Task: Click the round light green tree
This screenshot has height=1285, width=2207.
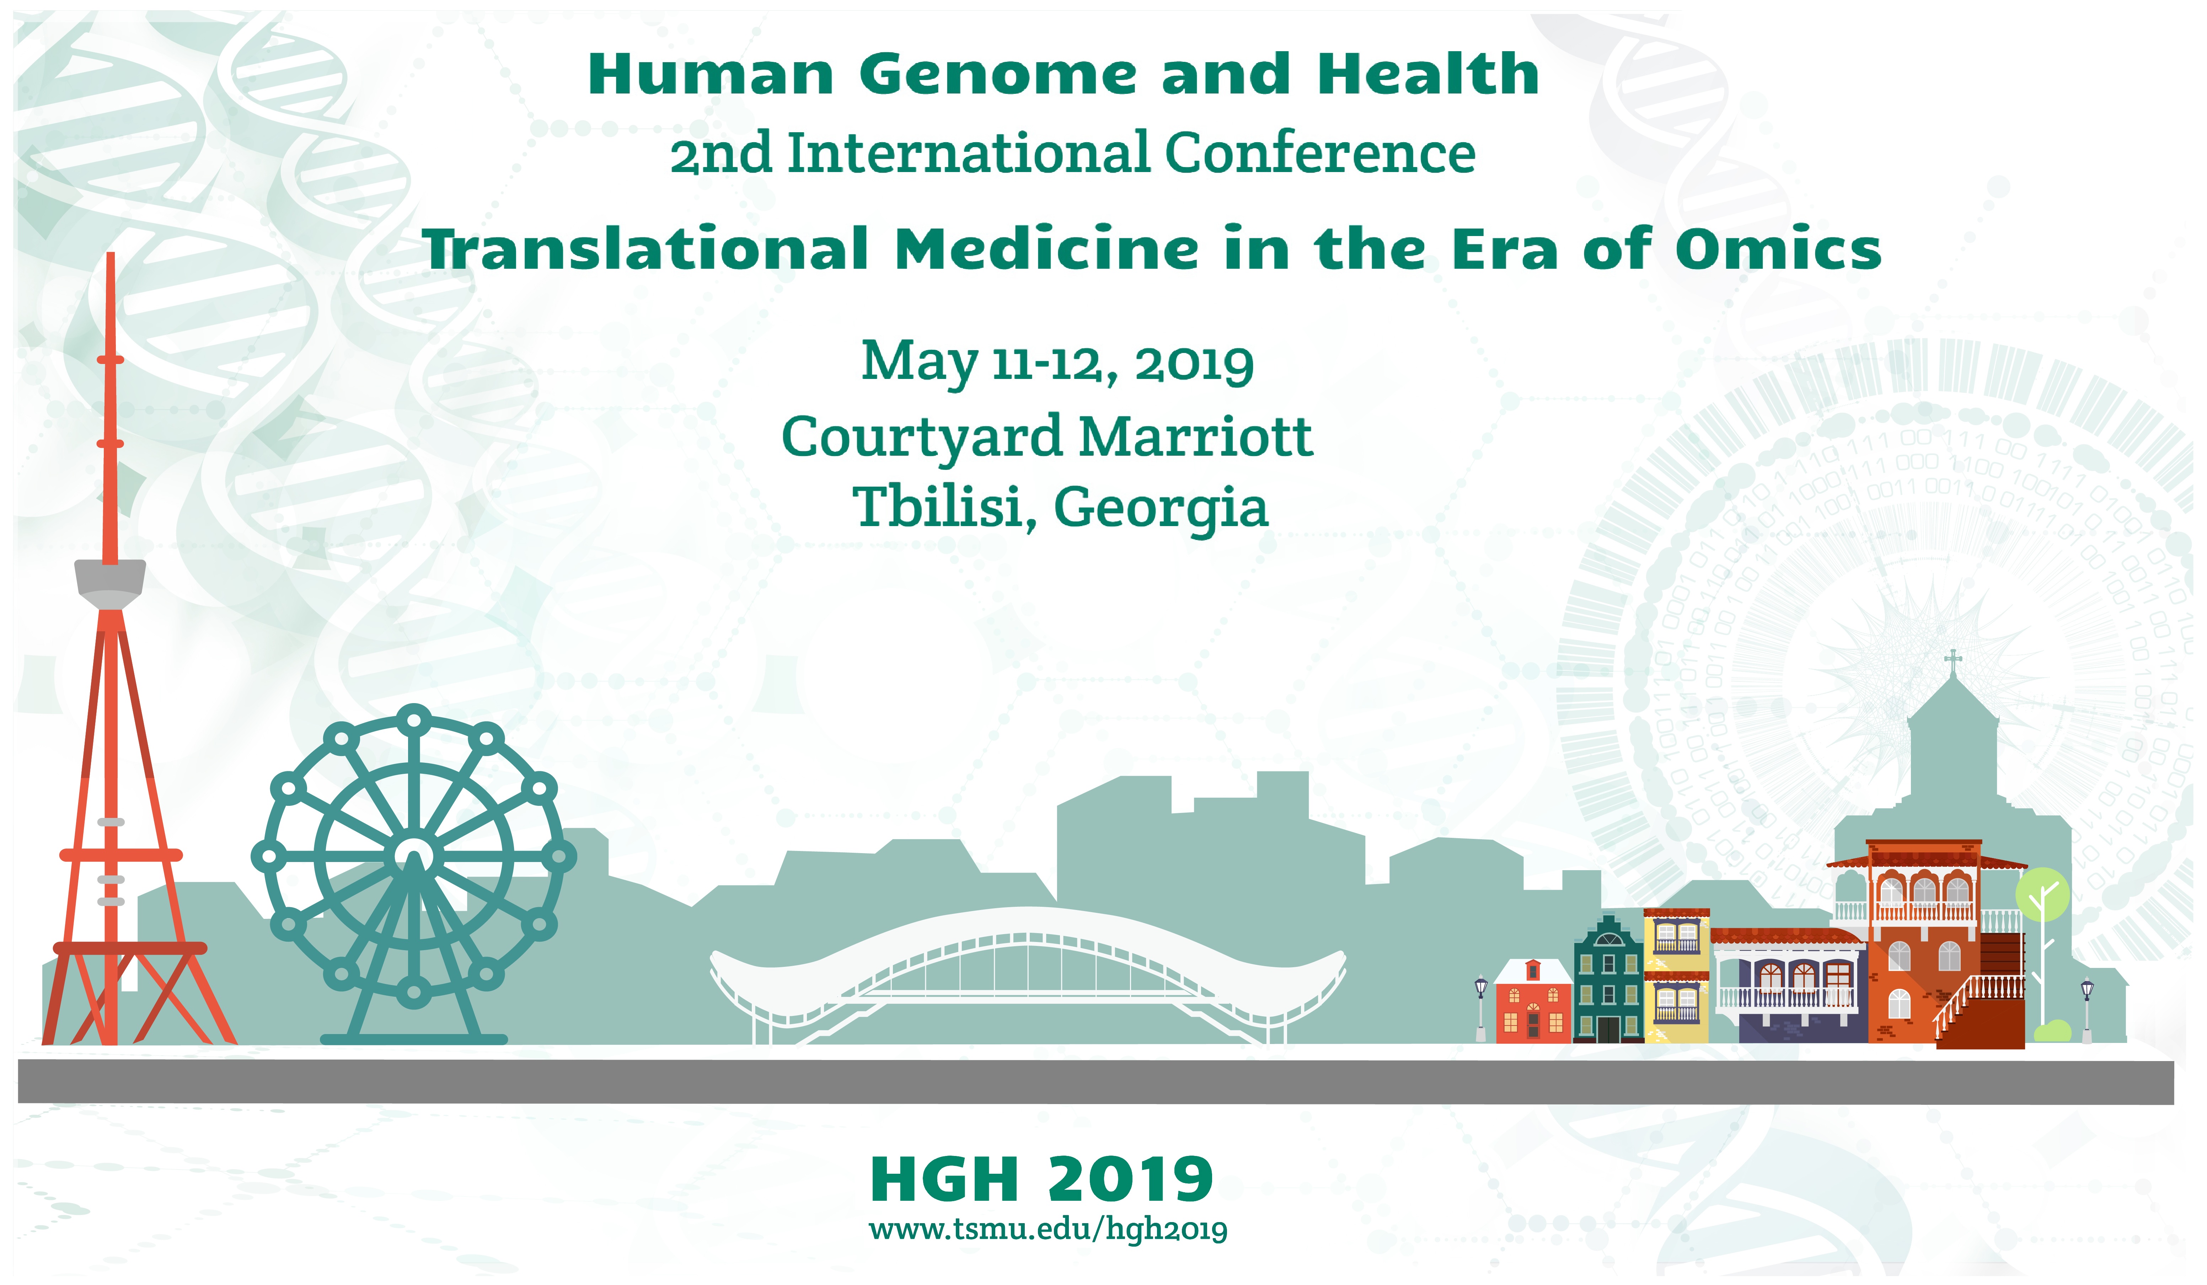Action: coord(2042,894)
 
